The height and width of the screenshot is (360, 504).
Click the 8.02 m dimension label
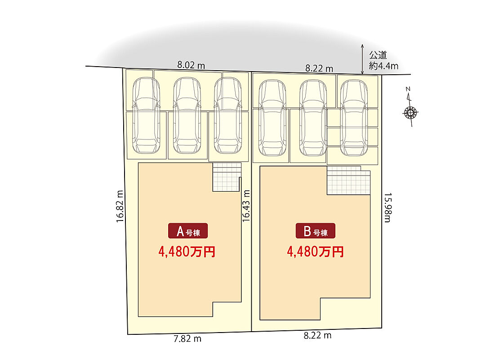point(191,65)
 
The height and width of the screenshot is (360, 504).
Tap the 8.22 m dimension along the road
point(319,68)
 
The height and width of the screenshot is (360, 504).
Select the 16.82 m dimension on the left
point(120,207)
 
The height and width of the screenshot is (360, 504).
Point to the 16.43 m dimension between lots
point(246,205)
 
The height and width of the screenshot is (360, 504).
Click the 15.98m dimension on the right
point(387,208)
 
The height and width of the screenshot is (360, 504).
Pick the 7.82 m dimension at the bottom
point(187,338)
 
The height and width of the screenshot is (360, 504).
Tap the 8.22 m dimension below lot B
point(317,335)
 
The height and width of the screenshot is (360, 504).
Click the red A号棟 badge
point(188,231)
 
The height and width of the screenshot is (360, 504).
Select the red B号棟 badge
point(315,231)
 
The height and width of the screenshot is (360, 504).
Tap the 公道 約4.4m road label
point(384,61)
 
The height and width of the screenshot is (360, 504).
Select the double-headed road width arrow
point(362,59)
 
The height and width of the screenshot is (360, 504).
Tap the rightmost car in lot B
point(353,118)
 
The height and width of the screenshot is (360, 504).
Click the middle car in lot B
point(313,118)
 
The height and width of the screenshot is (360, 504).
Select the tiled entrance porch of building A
point(226,177)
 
